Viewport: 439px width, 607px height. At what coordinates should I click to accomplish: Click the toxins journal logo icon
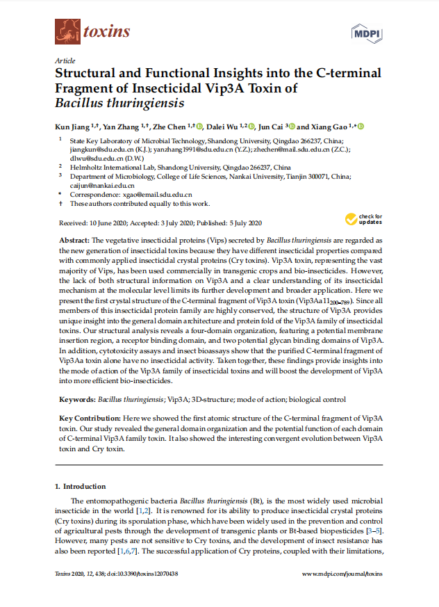(67, 31)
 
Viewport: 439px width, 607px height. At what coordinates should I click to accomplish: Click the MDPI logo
(368, 31)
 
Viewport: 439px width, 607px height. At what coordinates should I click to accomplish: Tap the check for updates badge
(363, 220)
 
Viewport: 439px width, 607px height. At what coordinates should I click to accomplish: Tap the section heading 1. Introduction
(80, 486)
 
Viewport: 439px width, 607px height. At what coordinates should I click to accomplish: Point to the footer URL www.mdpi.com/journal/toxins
(342, 574)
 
